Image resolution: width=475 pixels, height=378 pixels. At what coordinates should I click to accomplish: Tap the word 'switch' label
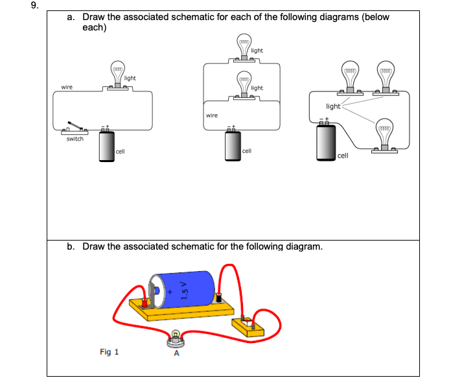click(75, 139)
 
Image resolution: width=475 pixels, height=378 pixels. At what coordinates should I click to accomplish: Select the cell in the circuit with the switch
click(107, 146)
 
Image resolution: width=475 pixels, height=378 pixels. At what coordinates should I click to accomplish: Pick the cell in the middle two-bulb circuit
click(233, 145)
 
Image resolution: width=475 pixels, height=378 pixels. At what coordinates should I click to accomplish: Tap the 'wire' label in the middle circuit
click(212, 115)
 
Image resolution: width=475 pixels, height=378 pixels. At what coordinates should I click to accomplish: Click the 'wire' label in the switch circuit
click(67, 88)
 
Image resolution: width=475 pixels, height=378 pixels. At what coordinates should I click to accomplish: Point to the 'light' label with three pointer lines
click(333, 106)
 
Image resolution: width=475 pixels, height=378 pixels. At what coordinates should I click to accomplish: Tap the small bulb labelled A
click(176, 339)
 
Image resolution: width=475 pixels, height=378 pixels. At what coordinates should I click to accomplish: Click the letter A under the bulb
click(177, 353)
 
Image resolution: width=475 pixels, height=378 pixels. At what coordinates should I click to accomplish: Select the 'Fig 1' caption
click(110, 352)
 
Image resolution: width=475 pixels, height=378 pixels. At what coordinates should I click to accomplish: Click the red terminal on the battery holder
click(145, 303)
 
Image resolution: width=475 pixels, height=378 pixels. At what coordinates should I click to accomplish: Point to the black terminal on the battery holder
click(218, 298)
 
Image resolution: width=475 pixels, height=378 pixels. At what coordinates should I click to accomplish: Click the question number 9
click(35, 5)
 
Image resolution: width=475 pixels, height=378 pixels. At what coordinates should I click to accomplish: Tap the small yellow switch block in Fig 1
click(248, 327)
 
